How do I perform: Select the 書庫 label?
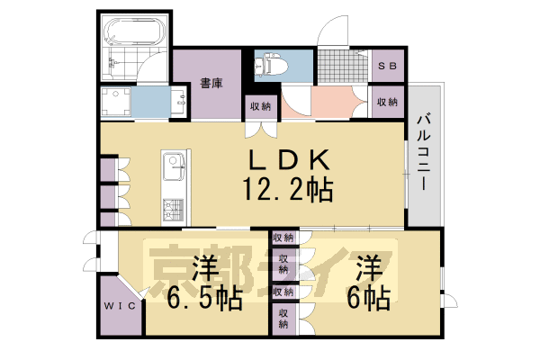point(211,84)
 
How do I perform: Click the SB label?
point(388,66)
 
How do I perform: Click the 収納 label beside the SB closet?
point(388,102)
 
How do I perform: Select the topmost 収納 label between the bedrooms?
point(283,238)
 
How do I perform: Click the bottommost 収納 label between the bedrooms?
point(283,317)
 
